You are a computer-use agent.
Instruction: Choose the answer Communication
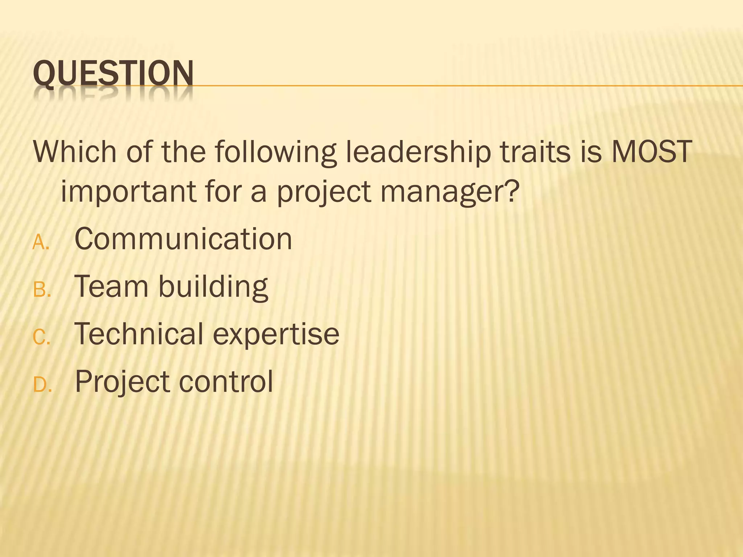point(183,239)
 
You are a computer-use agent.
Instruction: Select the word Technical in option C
point(139,334)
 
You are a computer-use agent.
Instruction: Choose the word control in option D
point(226,381)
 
